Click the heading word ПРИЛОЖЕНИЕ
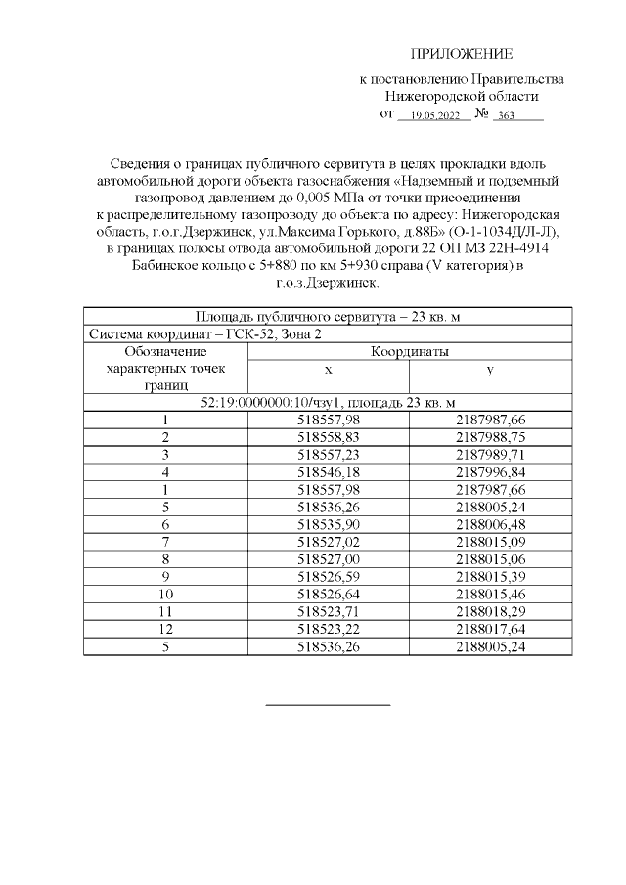point(461,54)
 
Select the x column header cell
point(329,371)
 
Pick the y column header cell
point(489,371)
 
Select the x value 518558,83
point(329,437)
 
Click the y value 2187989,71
point(490,455)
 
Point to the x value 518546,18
point(329,471)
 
